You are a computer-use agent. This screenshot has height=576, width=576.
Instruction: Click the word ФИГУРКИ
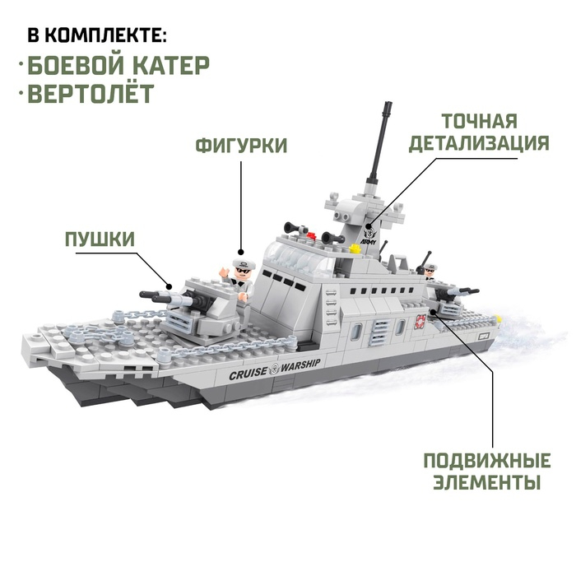pos(241,146)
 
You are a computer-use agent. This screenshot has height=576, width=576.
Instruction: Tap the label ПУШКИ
pos(100,239)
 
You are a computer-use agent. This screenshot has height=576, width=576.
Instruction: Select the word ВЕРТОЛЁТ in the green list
pos(90,92)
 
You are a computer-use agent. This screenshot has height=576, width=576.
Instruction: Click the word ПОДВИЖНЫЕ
pos(487,459)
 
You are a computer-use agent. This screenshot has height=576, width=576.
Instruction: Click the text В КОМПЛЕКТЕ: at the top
pos(97,35)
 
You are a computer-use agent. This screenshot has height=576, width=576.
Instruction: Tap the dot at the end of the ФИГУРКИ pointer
pos(241,252)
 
